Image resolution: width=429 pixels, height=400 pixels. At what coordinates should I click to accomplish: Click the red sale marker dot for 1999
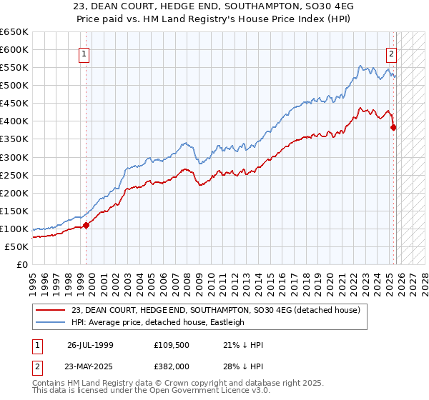click(87, 225)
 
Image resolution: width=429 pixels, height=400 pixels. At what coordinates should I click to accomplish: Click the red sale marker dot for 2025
click(393, 128)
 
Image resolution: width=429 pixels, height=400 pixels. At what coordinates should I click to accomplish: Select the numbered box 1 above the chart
click(84, 54)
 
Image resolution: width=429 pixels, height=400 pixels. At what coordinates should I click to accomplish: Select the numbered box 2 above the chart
click(392, 54)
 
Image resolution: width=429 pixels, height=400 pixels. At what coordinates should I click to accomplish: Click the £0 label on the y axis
click(21, 264)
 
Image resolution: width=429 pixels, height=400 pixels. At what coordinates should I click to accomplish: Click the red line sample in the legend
click(51, 309)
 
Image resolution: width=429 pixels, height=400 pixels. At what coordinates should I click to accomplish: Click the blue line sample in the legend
click(51, 322)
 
